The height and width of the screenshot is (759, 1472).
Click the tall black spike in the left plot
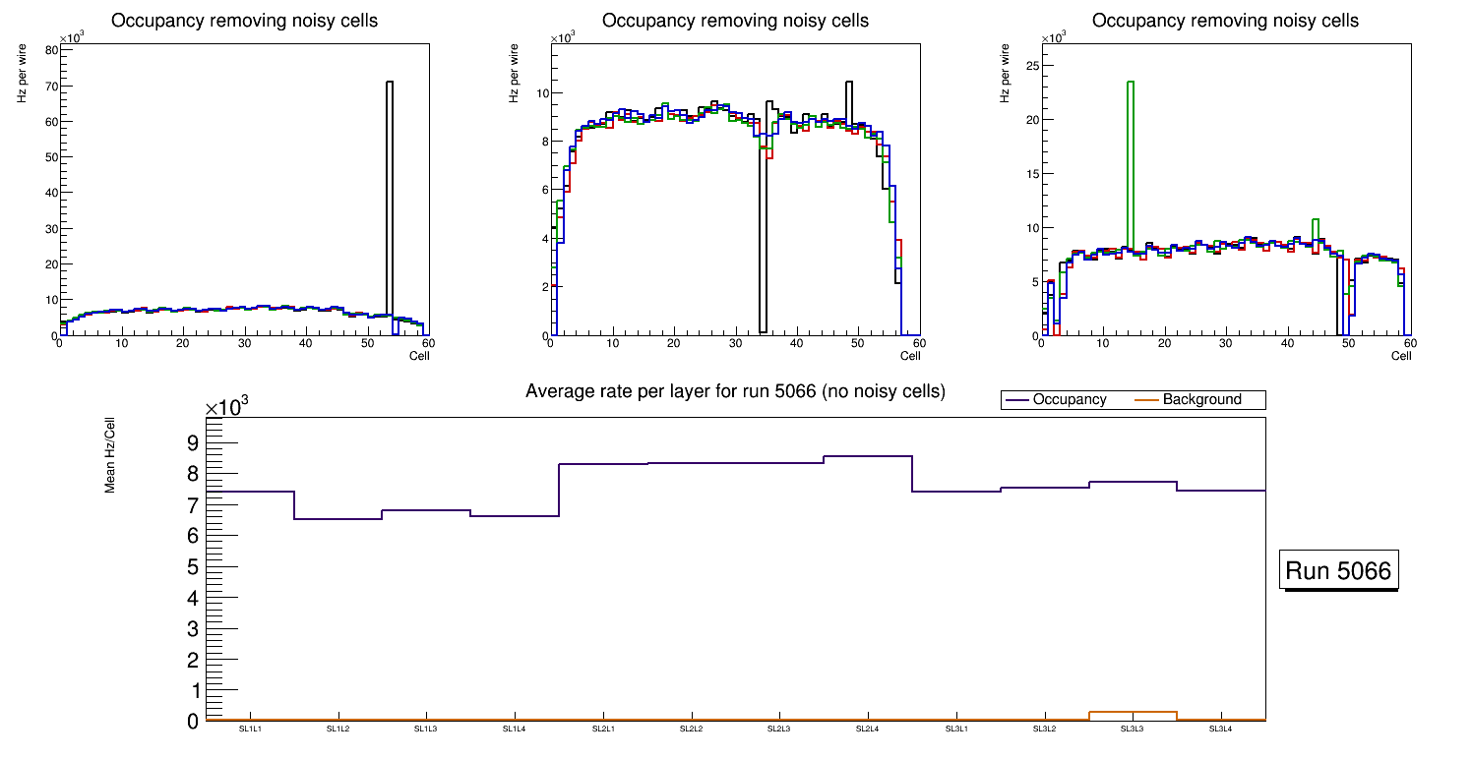pyautogui.click(x=390, y=197)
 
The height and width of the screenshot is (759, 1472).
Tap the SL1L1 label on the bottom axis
pyautogui.click(x=250, y=729)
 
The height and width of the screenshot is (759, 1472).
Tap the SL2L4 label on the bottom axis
pyautogui.click(x=867, y=729)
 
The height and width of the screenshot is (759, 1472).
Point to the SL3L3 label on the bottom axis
pyautogui.click(x=1133, y=729)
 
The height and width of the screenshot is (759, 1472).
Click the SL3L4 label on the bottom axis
pyautogui.click(x=1220, y=729)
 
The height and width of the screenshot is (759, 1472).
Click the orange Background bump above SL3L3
pyautogui.click(x=1133, y=712)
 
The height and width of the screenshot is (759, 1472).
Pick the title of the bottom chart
pyautogui.click(x=735, y=391)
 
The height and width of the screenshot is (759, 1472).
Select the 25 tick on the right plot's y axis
pyautogui.click(x=1032, y=65)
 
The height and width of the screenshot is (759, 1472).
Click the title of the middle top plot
pyautogui.click(x=735, y=21)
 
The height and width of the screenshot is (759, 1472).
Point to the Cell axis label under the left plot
pyautogui.click(x=419, y=355)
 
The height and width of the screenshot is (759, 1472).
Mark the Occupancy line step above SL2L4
pyautogui.click(x=867, y=456)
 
